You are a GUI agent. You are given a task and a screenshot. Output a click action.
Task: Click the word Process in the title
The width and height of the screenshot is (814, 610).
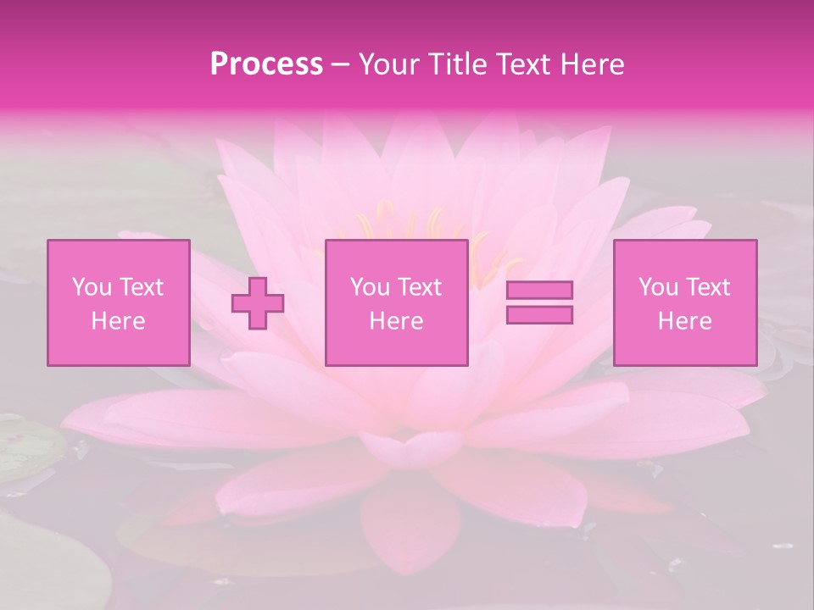click(266, 64)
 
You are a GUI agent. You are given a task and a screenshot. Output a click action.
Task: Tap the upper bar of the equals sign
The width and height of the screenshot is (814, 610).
click(539, 291)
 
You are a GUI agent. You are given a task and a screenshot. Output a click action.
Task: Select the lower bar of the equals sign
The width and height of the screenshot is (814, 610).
click(539, 315)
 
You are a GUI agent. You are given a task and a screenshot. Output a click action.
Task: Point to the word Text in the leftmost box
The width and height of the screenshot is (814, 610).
click(141, 287)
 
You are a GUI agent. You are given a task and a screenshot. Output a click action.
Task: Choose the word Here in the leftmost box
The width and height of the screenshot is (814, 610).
click(118, 321)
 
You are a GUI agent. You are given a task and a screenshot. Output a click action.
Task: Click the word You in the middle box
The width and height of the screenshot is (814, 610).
click(370, 287)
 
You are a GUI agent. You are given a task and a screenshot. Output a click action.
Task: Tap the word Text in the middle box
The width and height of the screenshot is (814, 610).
click(419, 287)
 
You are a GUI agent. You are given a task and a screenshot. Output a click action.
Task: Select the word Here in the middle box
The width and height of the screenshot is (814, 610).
click(396, 321)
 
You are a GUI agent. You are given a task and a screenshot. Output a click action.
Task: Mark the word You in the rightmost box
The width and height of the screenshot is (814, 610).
click(658, 287)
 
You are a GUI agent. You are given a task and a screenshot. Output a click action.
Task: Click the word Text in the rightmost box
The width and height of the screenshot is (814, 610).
click(707, 287)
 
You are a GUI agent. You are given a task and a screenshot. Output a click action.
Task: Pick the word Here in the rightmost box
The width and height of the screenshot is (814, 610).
click(684, 321)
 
